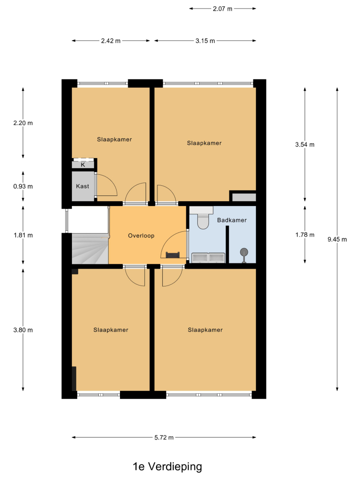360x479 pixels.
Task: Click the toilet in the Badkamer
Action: [x=202, y=217]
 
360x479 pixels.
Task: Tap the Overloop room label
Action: [x=141, y=236]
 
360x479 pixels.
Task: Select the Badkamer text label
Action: [x=232, y=220]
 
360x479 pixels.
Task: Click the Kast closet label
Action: [x=83, y=186]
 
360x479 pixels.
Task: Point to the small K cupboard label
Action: [x=83, y=165]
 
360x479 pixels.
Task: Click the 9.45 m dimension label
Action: [x=337, y=239]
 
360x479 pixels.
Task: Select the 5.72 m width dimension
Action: [x=164, y=437]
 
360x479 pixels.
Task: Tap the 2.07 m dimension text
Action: [x=223, y=9]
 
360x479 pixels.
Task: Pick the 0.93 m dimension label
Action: [x=23, y=186]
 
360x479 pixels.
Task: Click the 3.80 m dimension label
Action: [x=23, y=330]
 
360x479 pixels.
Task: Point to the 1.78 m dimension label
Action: [x=305, y=235]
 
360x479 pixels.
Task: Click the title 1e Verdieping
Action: [x=167, y=467]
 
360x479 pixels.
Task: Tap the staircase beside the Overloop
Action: [x=90, y=248]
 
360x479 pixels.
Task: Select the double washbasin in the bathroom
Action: [x=208, y=258]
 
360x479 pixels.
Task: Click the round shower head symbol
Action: [x=244, y=253]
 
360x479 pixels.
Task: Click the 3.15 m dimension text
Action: [x=205, y=41]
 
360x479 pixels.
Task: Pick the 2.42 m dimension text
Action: [x=111, y=41]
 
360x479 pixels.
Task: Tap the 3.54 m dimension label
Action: [x=305, y=145]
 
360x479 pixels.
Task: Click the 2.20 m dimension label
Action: [x=23, y=123]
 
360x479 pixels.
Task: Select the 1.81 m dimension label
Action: [x=23, y=235]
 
